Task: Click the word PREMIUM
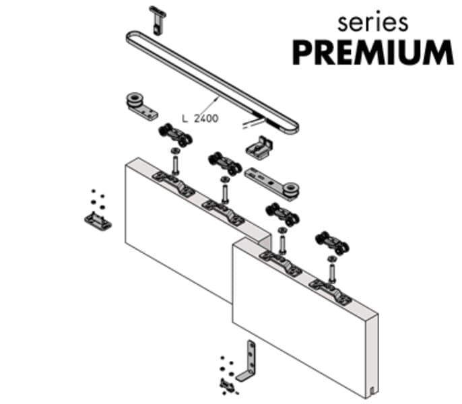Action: pos(373,53)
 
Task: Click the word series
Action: pos(373,23)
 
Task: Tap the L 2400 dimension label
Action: pos(201,119)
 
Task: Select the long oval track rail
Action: pos(212,81)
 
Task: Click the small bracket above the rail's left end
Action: pos(158,21)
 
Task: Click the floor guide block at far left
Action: pos(98,221)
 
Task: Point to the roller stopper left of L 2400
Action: pos(141,106)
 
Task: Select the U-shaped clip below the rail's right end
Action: pos(259,147)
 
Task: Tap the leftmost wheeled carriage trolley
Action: pos(175,135)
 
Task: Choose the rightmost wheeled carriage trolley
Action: pos(332,243)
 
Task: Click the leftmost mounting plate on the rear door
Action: pos(173,184)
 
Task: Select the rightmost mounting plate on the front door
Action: pos(330,292)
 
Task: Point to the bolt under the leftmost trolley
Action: pos(175,162)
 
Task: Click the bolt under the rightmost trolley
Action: pos(332,269)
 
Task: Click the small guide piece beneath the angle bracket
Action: pos(228,384)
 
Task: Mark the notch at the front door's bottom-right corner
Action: pos(372,391)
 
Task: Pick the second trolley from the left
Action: pos(225,164)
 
